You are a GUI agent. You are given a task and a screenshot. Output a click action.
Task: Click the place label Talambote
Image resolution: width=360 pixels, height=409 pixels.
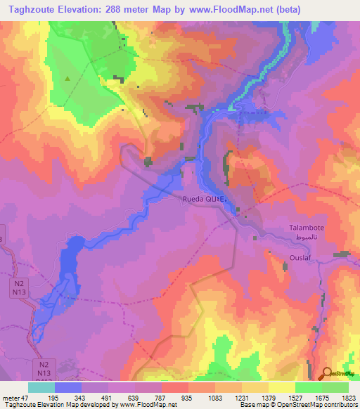point(308,228)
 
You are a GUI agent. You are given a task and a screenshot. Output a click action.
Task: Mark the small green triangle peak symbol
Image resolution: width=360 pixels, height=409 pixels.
point(67,79)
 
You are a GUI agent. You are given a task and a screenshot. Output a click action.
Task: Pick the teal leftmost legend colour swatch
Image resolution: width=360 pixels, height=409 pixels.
point(41,387)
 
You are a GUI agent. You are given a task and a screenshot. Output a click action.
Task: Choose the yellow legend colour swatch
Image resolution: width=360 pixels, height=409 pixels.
point(282,387)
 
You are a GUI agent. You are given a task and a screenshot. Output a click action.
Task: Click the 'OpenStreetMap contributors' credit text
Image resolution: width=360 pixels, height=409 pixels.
point(318,405)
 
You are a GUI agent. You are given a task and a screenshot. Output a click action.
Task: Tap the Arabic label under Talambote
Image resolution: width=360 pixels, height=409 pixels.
point(308,239)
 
